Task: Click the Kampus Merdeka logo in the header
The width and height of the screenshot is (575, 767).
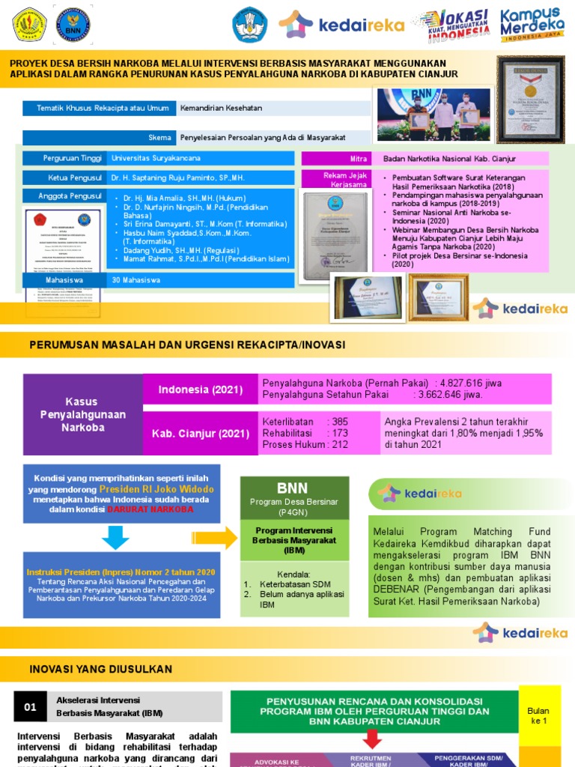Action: point(531,25)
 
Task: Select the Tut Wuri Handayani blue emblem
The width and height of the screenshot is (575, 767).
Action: point(249,24)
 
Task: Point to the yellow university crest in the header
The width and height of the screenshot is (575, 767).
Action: point(29,24)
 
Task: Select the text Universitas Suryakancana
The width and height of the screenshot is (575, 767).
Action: point(156,158)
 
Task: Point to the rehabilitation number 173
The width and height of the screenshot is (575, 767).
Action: point(340,434)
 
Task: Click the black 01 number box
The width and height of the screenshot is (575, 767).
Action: point(31,707)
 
